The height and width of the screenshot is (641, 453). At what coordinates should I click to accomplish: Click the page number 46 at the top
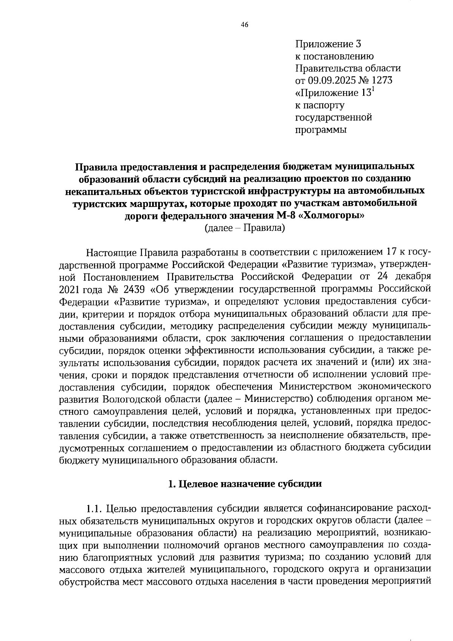245,25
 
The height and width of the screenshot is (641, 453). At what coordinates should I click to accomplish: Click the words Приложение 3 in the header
328,44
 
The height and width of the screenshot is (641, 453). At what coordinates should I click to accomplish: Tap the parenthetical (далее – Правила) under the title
244,228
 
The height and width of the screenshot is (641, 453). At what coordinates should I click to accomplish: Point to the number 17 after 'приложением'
389,252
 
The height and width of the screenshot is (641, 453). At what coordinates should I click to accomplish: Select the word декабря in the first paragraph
413,277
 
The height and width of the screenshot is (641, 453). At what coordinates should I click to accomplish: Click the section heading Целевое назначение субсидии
245,484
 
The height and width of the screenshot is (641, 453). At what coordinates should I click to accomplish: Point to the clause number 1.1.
94,508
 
